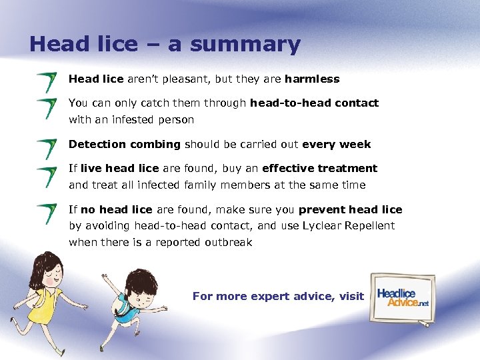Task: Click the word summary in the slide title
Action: click(246, 45)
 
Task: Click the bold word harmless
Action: click(311, 79)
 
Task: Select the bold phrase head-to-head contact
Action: click(314, 103)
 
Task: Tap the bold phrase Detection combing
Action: click(125, 145)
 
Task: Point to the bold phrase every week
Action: click(336, 145)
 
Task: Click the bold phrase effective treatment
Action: click(319, 169)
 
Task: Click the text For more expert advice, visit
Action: click(278, 297)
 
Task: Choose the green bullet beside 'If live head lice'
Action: click(47, 176)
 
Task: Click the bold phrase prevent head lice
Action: click(350, 210)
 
